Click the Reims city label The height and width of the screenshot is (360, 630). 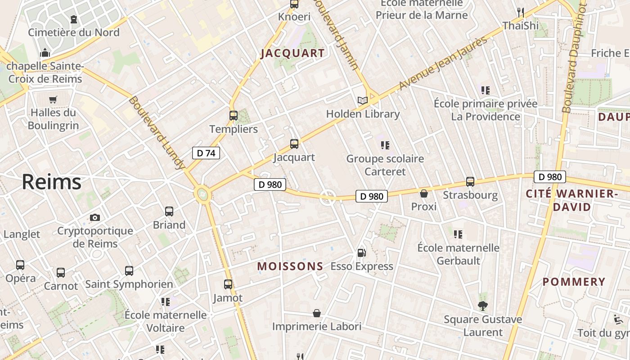pyautogui.click(x=51, y=182)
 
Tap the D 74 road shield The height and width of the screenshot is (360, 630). pyautogui.click(x=206, y=153)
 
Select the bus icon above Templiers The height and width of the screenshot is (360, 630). pyautogui.click(x=233, y=116)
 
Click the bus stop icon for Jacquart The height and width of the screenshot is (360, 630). pyautogui.click(x=294, y=144)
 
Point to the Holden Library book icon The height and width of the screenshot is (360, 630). pyautogui.click(x=363, y=100)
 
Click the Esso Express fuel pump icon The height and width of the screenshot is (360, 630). pyautogui.click(x=361, y=253)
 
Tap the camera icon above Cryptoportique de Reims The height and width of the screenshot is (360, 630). pyautogui.click(x=95, y=218)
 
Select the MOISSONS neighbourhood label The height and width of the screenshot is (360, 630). pyautogui.click(x=290, y=266)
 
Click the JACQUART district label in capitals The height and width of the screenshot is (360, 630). pyautogui.click(x=292, y=53)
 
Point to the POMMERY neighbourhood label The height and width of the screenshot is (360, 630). pyautogui.click(x=574, y=282)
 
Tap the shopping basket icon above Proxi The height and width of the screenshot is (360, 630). pyautogui.click(x=424, y=193)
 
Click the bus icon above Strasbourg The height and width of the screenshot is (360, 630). pyautogui.click(x=470, y=182)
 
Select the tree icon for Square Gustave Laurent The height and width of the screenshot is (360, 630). pyautogui.click(x=483, y=306)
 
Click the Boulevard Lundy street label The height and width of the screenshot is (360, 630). pyautogui.click(x=157, y=133)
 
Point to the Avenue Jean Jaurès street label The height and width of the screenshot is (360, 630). pyautogui.click(x=443, y=62)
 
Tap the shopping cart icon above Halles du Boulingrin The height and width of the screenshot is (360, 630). pyautogui.click(x=53, y=99)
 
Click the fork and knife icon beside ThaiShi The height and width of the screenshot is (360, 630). pyautogui.click(x=521, y=12)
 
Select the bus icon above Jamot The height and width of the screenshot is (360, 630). pyautogui.click(x=228, y=284)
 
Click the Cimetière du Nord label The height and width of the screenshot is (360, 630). pyautogui.click(x=74, y=32)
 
